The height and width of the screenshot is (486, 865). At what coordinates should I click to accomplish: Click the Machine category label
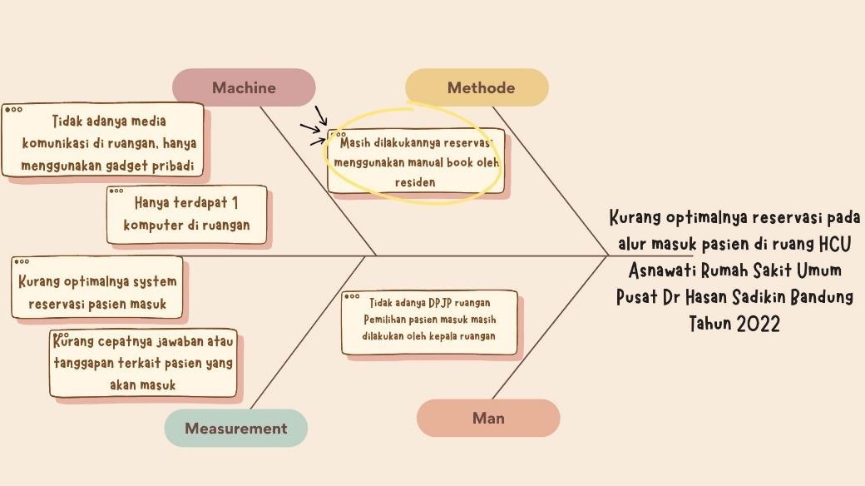tap(244, 87)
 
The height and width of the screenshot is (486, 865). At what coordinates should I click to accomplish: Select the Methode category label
tap(480, 87)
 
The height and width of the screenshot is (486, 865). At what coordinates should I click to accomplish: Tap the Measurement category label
tap(235, 429)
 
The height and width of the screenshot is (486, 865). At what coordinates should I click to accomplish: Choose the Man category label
tap(488, 418)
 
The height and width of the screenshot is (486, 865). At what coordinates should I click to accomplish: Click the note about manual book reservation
tap(417, 162)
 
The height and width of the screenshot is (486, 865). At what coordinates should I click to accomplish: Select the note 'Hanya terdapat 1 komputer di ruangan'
tap(186, 214)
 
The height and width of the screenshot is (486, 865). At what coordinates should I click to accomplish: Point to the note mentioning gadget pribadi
tap(104, 142)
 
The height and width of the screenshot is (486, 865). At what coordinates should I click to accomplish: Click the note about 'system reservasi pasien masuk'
tap(97, 292)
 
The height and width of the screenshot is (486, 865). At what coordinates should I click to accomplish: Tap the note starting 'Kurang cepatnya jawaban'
tap(144, 363)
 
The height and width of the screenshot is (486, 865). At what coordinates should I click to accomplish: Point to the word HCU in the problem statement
tap(834, 244)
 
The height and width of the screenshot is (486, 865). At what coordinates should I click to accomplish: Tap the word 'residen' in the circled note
tap(415, 182)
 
